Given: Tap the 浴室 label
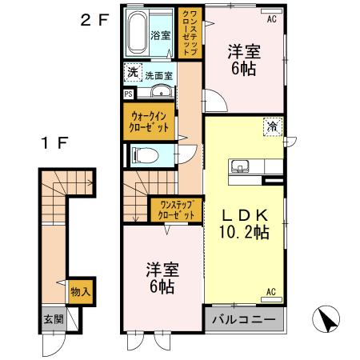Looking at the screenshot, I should [x=161, y=35].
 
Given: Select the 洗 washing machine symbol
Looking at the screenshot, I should [x=132, y=73].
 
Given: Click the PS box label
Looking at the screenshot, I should [x=128, y=93].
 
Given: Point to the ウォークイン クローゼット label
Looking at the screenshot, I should [x=149, y=121].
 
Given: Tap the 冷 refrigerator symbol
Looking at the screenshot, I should [x=273, y=126].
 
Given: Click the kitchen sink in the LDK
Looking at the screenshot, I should [x=239, y=167].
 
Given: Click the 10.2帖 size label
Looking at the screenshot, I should [x=242, y=233].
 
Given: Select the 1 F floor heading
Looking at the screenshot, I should [x=54, y=143].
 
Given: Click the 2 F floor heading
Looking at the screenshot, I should [x=94, y=21].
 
